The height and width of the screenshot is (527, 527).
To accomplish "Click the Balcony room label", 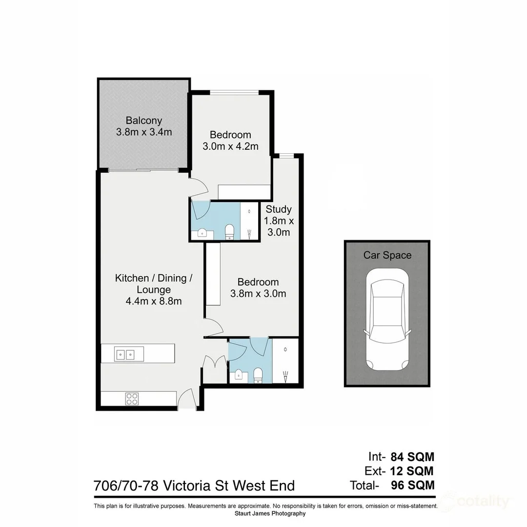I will pyautogui.click(x=143, y=121).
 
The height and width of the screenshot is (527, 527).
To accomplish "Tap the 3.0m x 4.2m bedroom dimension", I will pyautogui.click(x=230, y=146).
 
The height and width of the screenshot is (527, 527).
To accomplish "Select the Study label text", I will pyautogui.click(x=278, y=209).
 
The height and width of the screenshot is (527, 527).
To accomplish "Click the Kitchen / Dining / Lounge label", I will pyautogui.click(x=153, y=278).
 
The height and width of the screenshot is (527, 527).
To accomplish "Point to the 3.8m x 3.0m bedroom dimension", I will pyautogui.click(x=258, y=294).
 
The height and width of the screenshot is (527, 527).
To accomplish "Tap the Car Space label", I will pyautogui.click(x=387, y=255).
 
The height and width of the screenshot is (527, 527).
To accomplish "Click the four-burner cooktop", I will pyautogui.click(x=132, y=399).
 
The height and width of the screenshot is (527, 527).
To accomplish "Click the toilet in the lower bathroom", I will pyautogui.click(x=258, y=375).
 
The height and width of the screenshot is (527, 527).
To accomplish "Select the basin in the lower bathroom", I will pyautogui.click(x=239, y=375).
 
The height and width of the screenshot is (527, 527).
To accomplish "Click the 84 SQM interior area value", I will pyautogui.click(x=412, y=457).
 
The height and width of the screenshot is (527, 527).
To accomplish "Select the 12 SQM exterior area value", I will pyautogui.click(x=412, y=471).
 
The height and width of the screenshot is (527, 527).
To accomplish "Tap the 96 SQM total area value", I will pyautogui.click(x=412, y=485).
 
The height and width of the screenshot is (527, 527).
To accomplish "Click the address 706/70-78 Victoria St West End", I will pyautogui.click(x=194, y=486).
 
